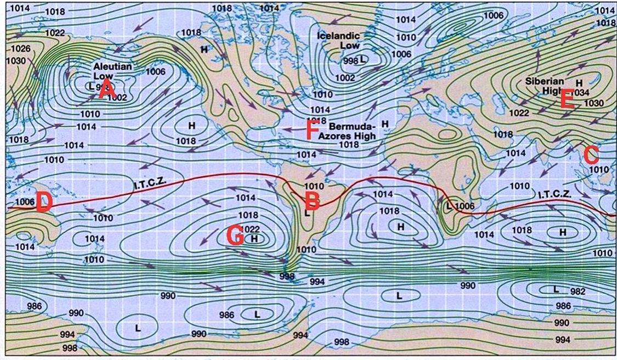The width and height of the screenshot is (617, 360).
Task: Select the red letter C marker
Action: [591, 155]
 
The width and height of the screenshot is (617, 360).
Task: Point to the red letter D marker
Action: [43, 203]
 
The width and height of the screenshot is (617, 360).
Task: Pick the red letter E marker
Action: [567, 98]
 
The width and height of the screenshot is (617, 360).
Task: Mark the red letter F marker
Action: [312, 131]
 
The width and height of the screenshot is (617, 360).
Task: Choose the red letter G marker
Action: [235, 237]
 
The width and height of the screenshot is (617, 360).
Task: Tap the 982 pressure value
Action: [578, 292]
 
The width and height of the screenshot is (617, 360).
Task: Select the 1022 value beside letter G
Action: [250, 229]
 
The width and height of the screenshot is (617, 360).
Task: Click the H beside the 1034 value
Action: [579, 83]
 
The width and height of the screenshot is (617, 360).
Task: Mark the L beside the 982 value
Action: [556, 289]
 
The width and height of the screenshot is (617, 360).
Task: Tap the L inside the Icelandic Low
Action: [363, 58]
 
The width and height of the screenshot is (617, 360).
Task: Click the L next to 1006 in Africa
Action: [449, 206]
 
